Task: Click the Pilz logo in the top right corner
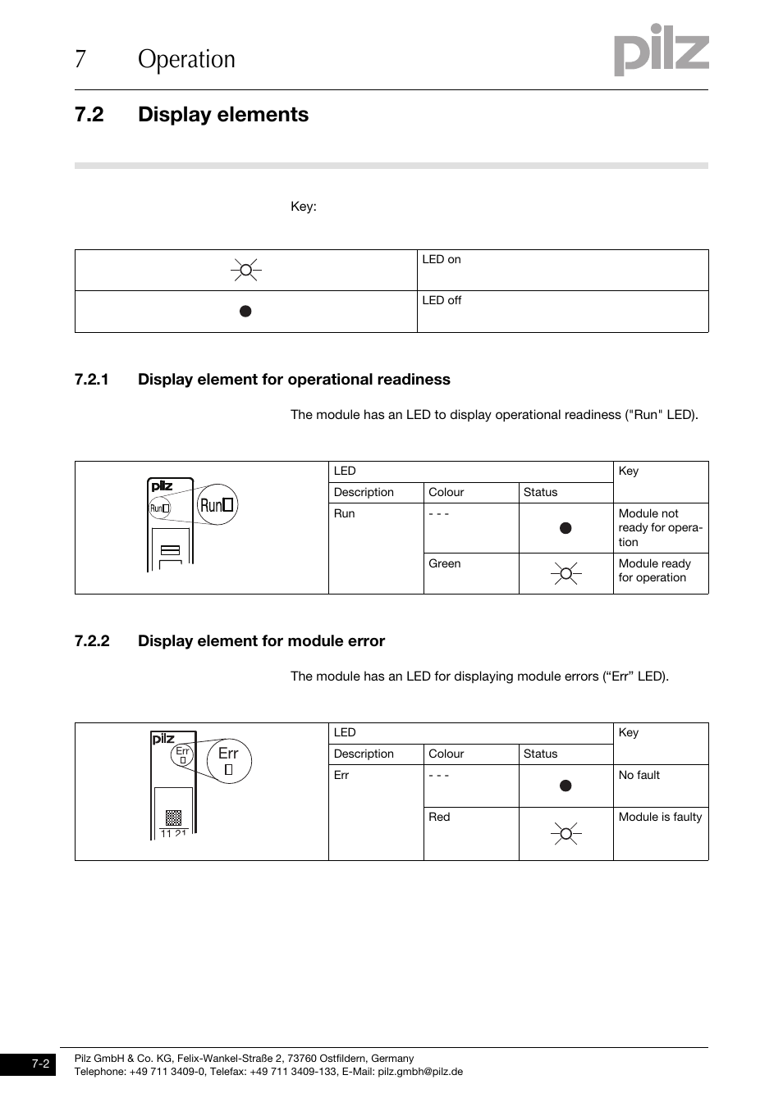coord(661,50)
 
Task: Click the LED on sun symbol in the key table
coord(245,270)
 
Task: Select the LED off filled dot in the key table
coord(245,312)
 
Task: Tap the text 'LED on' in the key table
coord(442,259)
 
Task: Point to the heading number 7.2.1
coord(92,379)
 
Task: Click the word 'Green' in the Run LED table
coord(444,563)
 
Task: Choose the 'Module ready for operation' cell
coord(655,571)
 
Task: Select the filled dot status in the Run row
coord(565,528)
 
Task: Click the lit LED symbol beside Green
coord(565,573)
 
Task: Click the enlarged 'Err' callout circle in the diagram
coord(229,760)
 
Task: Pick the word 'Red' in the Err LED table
coord(439,817)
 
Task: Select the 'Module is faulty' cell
coord(660,817)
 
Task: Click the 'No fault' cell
coord(639,775)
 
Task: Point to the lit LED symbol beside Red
coord(565,834)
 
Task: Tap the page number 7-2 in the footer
coord(41,1064)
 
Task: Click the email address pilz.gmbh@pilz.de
coord(420,1071)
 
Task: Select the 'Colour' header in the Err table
coord(446,754)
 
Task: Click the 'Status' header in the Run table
coord(540,492)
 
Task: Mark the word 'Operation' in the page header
coord(186,59)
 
